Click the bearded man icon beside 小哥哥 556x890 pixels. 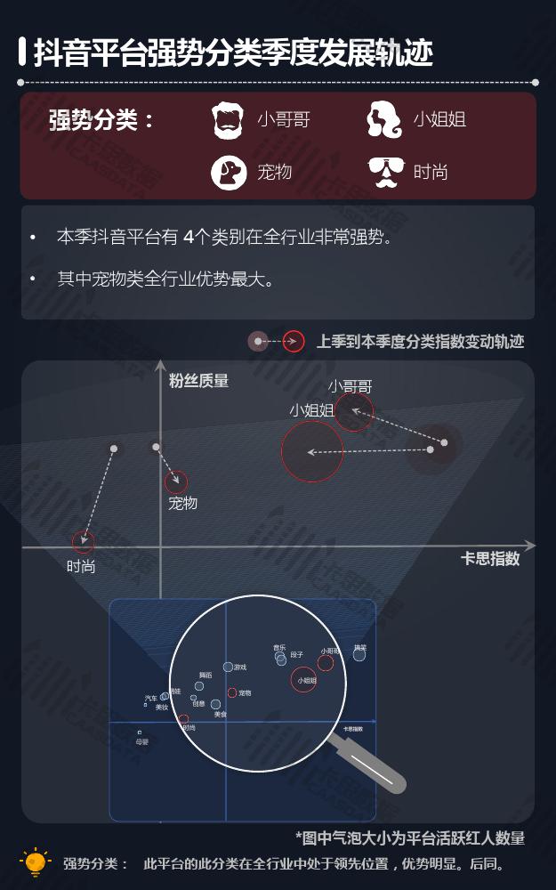pyautogui.click(x=228, y=120)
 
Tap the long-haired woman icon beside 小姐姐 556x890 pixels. pyautogui.click(x=384, y=120)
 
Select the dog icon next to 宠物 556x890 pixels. pyautogui.click(x=228, y=172)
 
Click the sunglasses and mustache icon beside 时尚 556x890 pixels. pyautogui.click(x=385, y=172)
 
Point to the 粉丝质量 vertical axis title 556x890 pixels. pyautogui.click(x=198, y=381)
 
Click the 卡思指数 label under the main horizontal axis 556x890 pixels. pyautogui.click(x=490, y=559)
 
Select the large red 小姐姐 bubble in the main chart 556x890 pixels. pyautogui.click(x=312, y=451)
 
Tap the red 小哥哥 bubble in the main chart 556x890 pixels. pyautogui.click(x=354, y=412)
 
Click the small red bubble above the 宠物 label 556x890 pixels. pyautogui.click(x=176, y=482)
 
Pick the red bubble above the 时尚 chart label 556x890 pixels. pyautogui.click(x=83, y=541)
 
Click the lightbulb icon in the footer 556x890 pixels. pyautogui.click(x=35, y=862)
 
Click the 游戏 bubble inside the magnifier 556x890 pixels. pyautogui.click(x=228, y=667)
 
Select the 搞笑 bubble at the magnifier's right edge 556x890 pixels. pyautogui.click(x=359, y=654)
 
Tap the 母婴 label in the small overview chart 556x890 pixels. pyautogui.click(x=142, y=741)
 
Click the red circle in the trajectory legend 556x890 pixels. pyautogui.click(x=294, y=341)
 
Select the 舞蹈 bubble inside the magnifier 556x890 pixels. pyautogui.click(x=199, y=685)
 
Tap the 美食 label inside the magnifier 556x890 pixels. pyautogui.click(x=221, y=715)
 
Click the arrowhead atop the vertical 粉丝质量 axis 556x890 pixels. pyautogui.click(x=160, y=365)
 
